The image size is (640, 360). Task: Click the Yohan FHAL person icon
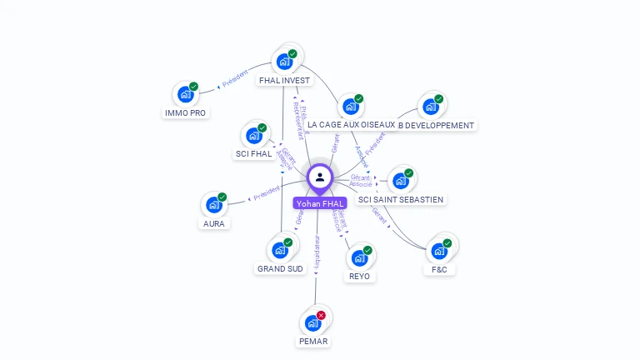pos(320,177)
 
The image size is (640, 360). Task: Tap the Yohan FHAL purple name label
pos(320,203)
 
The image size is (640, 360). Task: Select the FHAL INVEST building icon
pos(284,62)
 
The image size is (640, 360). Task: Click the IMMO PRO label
pos(185,112)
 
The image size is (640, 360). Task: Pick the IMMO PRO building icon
pos(185,94)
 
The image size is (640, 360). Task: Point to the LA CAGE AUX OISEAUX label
pos(351,125)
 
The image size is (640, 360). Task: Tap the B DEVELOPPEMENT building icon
pos(430,107)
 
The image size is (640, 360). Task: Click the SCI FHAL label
pos(254,154)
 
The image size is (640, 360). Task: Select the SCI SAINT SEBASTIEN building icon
pos(400,181)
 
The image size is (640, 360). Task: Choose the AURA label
pos(214,223)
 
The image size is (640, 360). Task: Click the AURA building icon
pos(214,205)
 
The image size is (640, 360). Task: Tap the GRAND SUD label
pos(281,268)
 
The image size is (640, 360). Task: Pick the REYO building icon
pos(359,257)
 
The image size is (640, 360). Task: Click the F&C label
pos(439,269)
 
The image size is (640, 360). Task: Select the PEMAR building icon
pos(313,322)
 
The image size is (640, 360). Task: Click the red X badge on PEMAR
pos(322,315)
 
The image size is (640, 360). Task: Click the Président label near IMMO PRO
pos(235,79)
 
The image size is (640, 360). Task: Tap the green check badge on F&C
pos(447,243)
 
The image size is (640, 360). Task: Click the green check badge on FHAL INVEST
pos(292,54)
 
